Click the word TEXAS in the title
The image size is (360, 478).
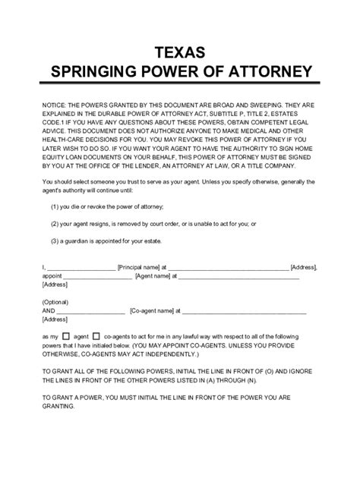pos(179,51)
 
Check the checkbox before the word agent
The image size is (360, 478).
pos(65,335)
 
